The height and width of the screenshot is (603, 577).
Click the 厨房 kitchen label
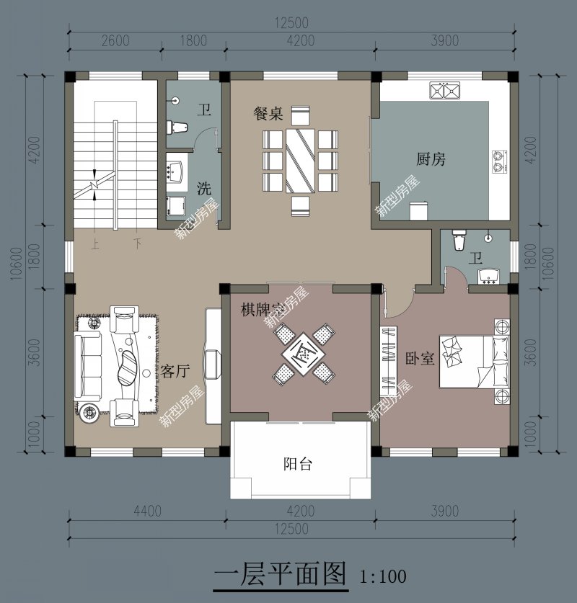pos(431,159)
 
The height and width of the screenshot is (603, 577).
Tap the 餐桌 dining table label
pos(268,114)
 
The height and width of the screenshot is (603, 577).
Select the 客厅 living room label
pos(175,371)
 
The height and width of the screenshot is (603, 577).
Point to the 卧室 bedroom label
pos(420,358)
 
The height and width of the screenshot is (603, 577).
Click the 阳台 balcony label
pos(297,464)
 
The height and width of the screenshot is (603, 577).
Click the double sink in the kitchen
pos(445,91)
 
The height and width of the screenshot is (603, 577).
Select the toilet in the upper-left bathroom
pos(177,127)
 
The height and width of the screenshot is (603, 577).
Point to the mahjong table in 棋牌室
pos(304,353)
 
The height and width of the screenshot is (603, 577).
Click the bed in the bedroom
pos(476,357)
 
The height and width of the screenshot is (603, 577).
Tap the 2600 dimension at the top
pos(115,40)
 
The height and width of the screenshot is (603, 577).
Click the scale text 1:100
pos(383,576)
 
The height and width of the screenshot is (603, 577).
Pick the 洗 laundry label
pos(204,189)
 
